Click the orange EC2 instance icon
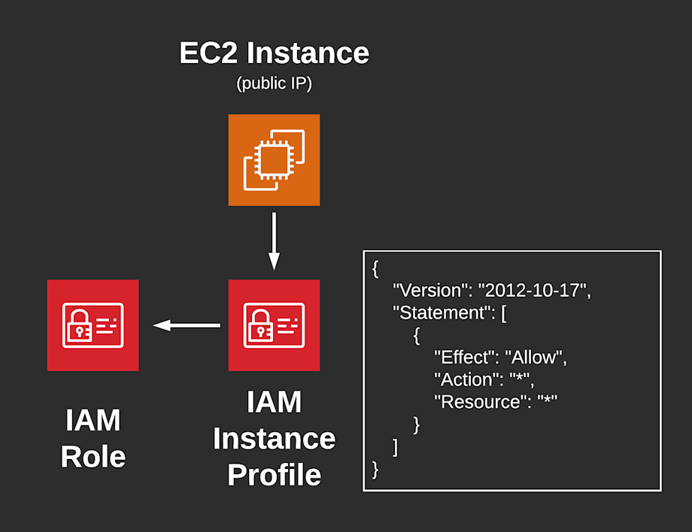tap(274, 160)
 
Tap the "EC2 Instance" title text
tap(274, 53)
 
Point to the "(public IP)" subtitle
tap(274, 83)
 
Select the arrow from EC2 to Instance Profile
tap(274, 240)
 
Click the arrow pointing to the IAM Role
tap(187, 325)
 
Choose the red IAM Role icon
tap(93, 325)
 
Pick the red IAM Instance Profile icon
tap(274, 325)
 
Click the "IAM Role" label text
tap(93, 438)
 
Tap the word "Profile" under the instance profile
tap(274, 475)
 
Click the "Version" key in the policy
tap(429, 291)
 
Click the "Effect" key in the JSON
tap(463, 357)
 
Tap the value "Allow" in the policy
tap(533, 357)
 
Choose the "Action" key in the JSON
tap(466, 379)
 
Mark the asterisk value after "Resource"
tap(548, 401)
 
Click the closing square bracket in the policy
tap(396, 447)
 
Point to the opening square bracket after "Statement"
tap(503, 313)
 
